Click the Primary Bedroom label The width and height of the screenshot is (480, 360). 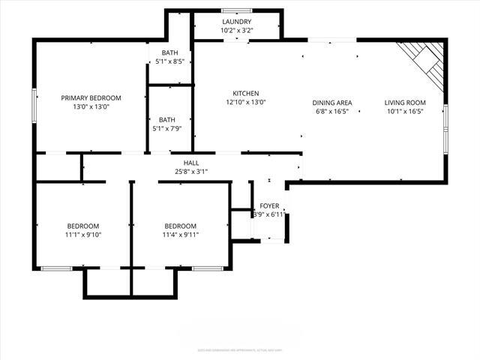click(x=91, y=97)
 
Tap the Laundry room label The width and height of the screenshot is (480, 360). click(x=237, y=22)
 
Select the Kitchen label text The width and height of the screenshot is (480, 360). click(x=245, y=93)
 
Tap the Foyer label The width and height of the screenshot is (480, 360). click(x=269, y=205)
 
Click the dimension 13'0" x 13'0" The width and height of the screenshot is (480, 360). click(x=91, y=107)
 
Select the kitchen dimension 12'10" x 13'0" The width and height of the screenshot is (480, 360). click(x=245, y=103)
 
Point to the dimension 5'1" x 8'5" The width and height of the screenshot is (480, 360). click(x=168, y=62)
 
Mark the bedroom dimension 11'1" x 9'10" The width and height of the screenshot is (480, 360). click(x=82, y=235)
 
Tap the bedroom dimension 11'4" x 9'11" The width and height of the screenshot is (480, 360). click(x=181, y=235)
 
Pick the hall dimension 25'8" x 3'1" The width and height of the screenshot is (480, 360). click(x=190, y=172)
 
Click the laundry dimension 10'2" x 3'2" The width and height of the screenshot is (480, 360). click(x=237, y=31)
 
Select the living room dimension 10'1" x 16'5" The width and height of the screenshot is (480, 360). click(x=405, y=112)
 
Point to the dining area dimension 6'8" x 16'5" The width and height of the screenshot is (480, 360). click(x=332, y=112)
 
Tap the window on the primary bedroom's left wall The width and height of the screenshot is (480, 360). click(x=34, y=105)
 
